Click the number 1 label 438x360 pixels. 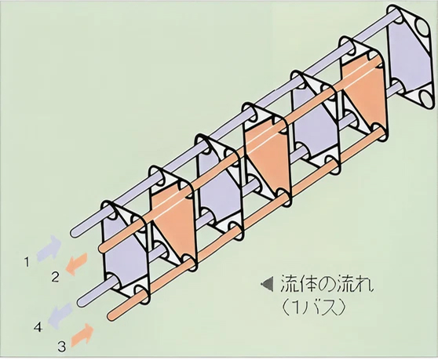coord(27,262)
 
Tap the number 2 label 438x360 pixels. coord(55,278)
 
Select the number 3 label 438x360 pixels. coord(62,347)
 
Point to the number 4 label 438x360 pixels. coord(38,327)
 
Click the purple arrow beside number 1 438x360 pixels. coord(49,249)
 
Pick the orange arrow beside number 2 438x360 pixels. coord(76,264)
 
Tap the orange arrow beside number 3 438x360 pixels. coord(82,335)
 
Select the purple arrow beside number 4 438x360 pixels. coord(60,316)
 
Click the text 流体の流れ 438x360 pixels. coord(327,284)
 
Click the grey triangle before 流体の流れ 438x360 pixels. coord(267,285)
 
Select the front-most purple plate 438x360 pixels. coord(123,251)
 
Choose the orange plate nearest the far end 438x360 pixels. coord(363,89)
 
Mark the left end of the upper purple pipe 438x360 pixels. coord(75,232)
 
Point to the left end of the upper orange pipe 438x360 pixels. coord(102,248)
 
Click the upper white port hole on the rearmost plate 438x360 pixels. coord(422,27)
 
